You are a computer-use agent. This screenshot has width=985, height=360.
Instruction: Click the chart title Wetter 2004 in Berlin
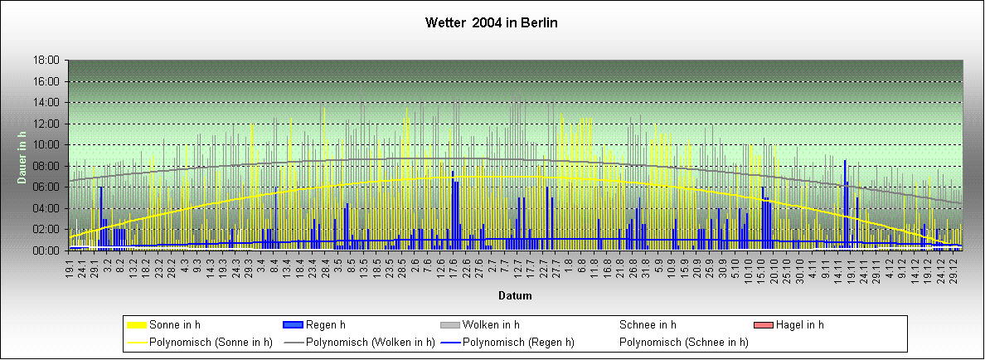492,22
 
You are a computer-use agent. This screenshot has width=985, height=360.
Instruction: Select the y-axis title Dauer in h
23,154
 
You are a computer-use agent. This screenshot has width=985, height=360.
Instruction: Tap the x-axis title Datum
515,295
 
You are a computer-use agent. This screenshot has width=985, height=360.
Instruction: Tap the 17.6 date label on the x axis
454,270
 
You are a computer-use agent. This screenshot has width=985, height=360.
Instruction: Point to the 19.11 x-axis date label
848,271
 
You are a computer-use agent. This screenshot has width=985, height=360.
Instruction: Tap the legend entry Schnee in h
648,324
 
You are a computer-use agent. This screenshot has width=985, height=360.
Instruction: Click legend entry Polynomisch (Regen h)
520,342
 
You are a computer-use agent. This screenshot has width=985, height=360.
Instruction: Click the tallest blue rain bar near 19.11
845,203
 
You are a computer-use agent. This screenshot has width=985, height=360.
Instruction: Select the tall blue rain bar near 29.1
101,217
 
